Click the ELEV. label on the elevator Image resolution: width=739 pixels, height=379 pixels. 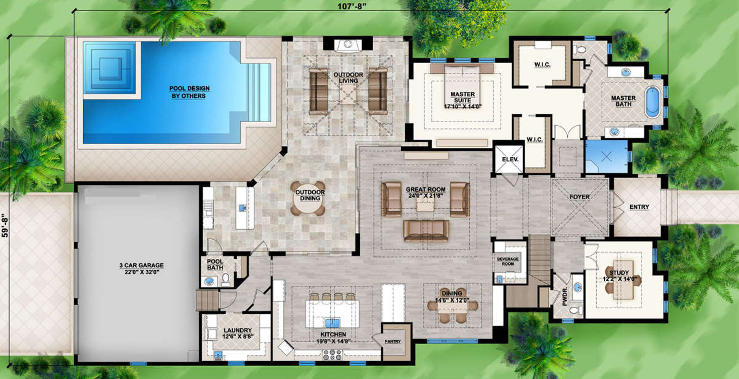coord(510,159)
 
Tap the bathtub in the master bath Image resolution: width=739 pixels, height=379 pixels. coord(653,102)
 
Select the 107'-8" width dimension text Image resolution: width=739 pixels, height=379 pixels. coord(352,7)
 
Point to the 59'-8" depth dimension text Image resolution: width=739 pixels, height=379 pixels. coord(5,225)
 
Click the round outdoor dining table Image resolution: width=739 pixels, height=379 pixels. coord(308,198)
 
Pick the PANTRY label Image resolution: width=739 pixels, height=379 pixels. coord(393,341)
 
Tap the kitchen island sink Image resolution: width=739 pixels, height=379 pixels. coord(332,322)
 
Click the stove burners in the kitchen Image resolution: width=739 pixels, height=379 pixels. coord(332,354)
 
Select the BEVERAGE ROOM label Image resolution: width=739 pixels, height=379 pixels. coord(507,261)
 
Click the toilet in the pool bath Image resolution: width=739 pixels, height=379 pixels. coord(225,280)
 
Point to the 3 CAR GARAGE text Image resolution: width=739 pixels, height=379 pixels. coord(142,266)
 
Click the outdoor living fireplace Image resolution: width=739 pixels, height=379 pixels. coord(348,44)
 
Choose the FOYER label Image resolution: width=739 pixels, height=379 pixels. coord(579,197)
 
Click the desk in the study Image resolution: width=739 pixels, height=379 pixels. coord(623,280)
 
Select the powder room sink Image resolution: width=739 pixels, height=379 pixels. coord(577,287)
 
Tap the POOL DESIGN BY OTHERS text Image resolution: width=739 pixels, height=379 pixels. coord(190,92)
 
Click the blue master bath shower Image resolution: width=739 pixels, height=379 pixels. coord(607,157)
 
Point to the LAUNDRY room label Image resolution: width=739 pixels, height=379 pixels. coord(238,330)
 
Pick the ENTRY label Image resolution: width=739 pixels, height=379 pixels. coord(639,207)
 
